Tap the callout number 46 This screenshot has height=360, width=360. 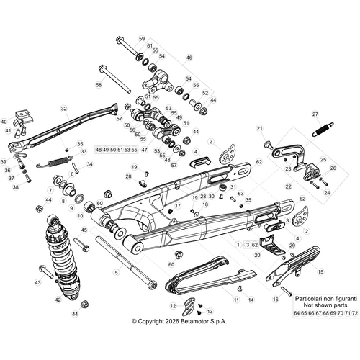coord(189,58)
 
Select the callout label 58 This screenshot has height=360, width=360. coord(99,85)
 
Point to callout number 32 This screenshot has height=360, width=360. coord(63,109)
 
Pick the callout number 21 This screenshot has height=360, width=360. coord(259,128)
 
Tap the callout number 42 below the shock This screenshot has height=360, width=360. coord(58,298)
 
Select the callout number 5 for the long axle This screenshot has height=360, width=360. coord(115,273)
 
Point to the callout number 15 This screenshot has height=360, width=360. coord(320,272)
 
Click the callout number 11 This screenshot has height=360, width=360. coord(236,298)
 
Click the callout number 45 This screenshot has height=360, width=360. coord(85,230)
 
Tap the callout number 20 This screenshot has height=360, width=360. coord(257,255)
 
